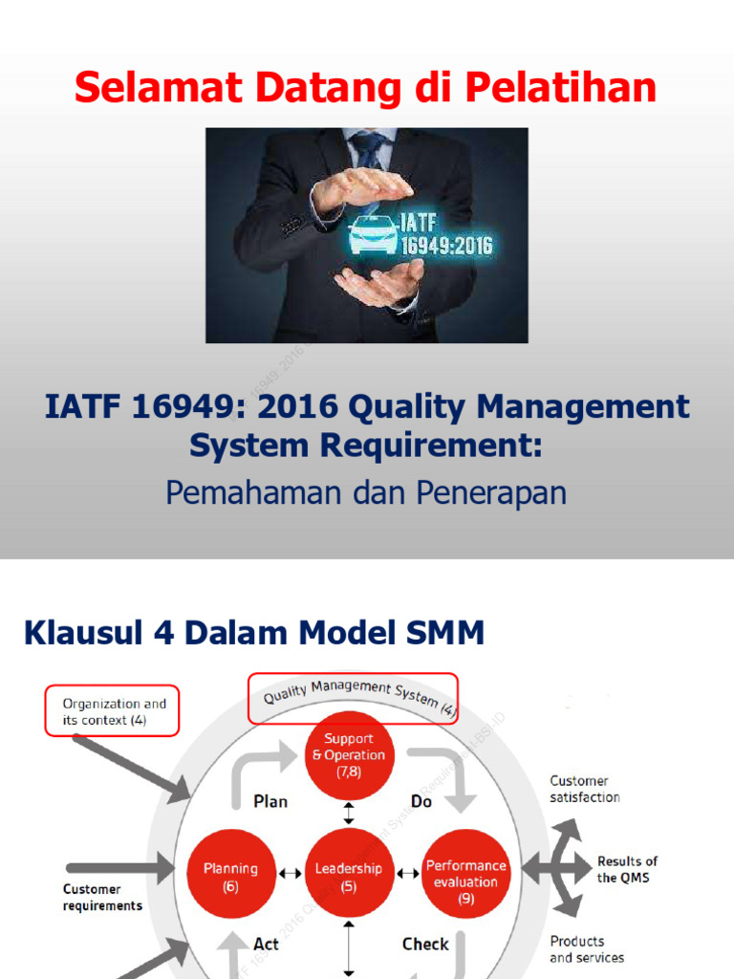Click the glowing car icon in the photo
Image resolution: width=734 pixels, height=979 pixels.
pyautogui.click(x=373, y=234)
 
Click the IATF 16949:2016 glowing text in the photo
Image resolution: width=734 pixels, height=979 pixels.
pyautogui.click(x=447, y=234)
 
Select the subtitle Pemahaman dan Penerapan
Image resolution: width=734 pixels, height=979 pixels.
pyautogui.click(x=366, y=492)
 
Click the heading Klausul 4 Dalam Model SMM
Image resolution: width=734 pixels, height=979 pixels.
pyautogui.click(x=253, y=632)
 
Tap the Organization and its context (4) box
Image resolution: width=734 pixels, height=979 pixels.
pyautogui.click(x=114, y=711)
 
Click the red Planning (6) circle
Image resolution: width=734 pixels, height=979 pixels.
pyautogui.click(x=230, y=876)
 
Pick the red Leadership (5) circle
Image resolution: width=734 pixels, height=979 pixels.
pyautogui.click(x=349, y=876)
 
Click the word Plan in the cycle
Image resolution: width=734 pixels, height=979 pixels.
pyautogui.click(x=270, y=801)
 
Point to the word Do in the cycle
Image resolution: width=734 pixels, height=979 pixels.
pyautogui.click(x=421, y=801)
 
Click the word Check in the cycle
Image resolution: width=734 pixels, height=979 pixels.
pyautogui.click(x=425, y=944)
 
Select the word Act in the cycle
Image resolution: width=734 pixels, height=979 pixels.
pyautogui.click(x=266, y=944)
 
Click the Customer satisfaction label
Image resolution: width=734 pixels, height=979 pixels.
pyautogui.click(x=585, y=789)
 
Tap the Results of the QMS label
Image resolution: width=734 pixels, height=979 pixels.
pyautogui.click(x=627, y=869)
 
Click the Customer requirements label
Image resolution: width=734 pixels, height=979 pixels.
pyautogui.click(x=102, y=897)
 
